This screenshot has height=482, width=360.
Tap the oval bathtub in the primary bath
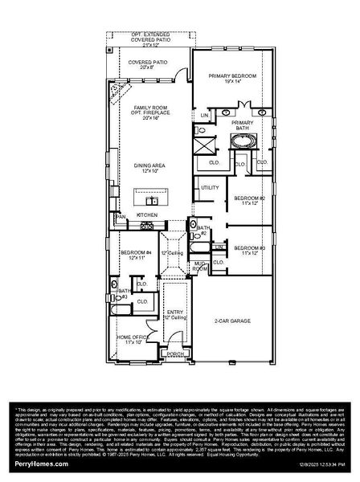[241, 142]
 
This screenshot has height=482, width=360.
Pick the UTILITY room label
[210, 187]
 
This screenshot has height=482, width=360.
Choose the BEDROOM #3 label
[249, 249]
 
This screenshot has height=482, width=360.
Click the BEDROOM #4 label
[136, 254]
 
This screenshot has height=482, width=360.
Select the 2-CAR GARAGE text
[232, 322]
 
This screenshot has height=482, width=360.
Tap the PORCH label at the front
[173, 354]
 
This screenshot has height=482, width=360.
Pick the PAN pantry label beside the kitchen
[121, 217]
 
